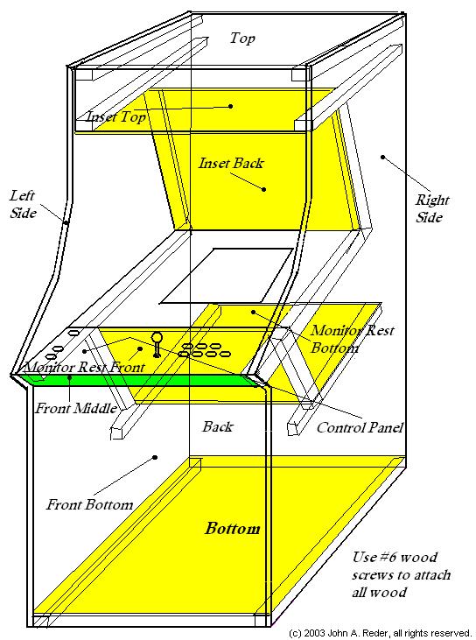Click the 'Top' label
coord(242,39)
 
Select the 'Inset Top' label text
coord(116,116)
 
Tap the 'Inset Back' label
coord(231,163)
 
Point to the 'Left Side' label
coord(24,204)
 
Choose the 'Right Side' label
coord(431,208)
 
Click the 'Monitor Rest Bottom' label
coord(353,339)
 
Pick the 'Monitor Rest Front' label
coord(84,367)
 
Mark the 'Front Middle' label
coord(76,408)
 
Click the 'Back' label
coord(218,426)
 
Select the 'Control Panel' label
coord(360,427)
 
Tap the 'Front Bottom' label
coord(90,504)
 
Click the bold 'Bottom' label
coord(233,528)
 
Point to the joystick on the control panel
coord(157,345)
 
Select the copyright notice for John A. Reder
coord(380,633)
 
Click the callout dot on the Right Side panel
coord(382,157)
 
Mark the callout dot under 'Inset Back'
coord(264,189)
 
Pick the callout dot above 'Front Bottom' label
coord(155,458)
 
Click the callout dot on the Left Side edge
coord(66,222)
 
